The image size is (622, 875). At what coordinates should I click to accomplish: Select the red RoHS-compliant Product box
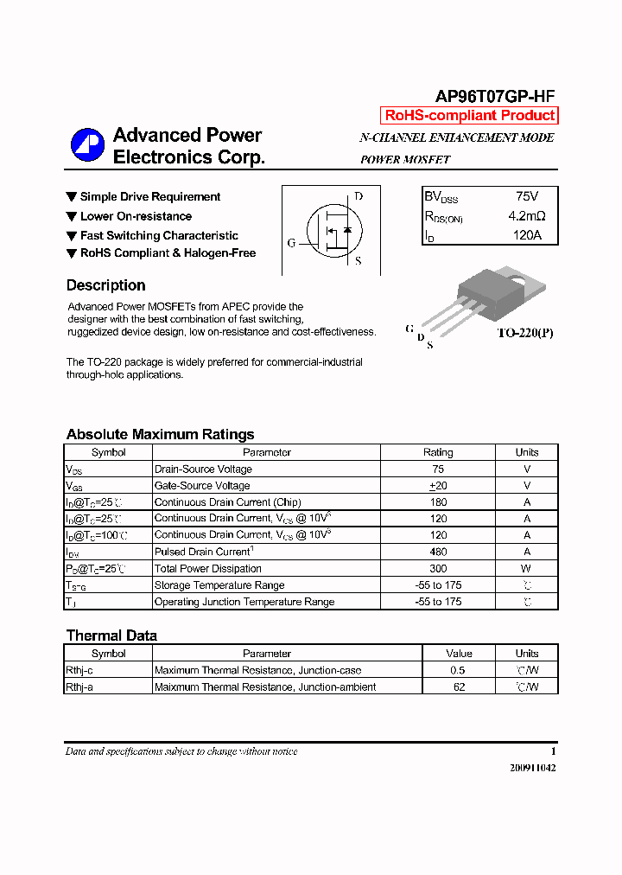point(469,116)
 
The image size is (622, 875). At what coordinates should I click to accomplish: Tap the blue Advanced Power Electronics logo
point(86,144)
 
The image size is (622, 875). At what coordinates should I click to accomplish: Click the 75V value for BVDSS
point(526,197)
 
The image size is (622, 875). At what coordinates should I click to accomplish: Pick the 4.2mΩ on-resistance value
point(526,216)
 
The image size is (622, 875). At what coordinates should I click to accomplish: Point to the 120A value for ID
point(526,235)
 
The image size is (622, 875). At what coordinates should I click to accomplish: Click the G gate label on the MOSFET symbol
point(292,243)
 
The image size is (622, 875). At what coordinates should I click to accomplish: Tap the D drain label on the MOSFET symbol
point(359,196)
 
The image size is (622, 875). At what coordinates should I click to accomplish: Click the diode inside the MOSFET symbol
point(347,230)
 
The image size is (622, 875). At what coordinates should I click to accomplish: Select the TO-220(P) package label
point(524,332)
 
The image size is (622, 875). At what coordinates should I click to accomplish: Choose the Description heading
point(105,285)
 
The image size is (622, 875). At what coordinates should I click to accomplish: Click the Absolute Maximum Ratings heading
point(160,435)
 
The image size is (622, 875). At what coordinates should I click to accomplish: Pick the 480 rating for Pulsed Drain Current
point(438,552)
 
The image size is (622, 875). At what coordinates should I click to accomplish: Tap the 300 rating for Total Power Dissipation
point(438,568)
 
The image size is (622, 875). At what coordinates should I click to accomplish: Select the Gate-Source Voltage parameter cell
point(202,486)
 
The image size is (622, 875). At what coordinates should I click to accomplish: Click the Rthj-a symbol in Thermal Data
point(80,687)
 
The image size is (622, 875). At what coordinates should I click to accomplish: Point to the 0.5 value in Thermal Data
point(459,670)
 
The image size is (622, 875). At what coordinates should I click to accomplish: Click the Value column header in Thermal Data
point(459,654)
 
